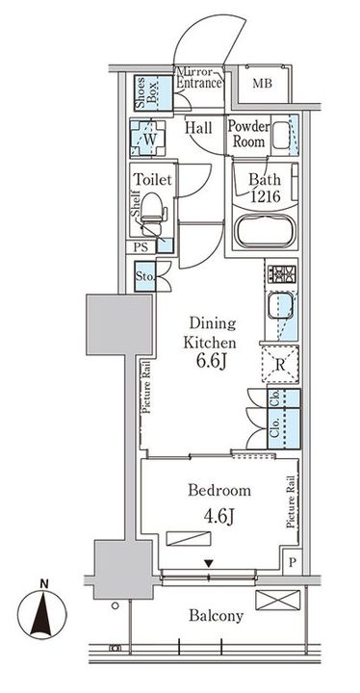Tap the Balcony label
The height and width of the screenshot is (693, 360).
pyautogui.click(x=217, y=616)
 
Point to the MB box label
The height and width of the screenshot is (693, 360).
pyautogui.click(x=262, y=84)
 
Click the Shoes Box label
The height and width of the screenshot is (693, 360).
pyautogui.click(x=141, y=92)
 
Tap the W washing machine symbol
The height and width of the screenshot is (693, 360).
pyautogui.click(x=149, y=140)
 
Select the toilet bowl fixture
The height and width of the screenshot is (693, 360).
pyautogui.click(x=152, y=217)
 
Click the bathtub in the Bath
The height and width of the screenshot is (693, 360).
pyautogui.click(x=264, y=233)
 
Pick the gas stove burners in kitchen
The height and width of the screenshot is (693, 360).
pyautogui.click(x=281, y=274)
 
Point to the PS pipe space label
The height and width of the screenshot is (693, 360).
pyautogui.click(x=141, y=246)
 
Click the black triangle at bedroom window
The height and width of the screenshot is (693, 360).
pyautogui.click(x=209, y=563)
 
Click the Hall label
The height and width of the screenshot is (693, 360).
pyautogui.click(x=198, y=127)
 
